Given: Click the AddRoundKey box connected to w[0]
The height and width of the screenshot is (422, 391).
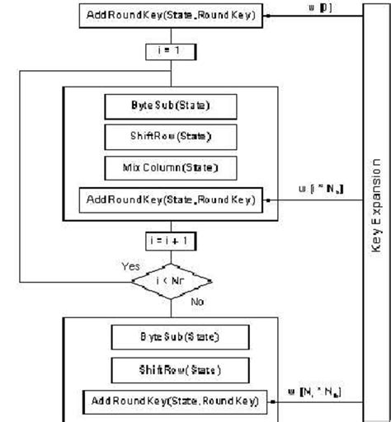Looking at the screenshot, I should point(172,15).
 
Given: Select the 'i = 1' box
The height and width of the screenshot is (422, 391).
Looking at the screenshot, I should point(172,50).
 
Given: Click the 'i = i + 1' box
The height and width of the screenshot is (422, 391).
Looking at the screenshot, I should point(172,242).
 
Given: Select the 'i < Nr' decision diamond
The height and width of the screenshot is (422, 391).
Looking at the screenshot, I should point(172,280).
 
